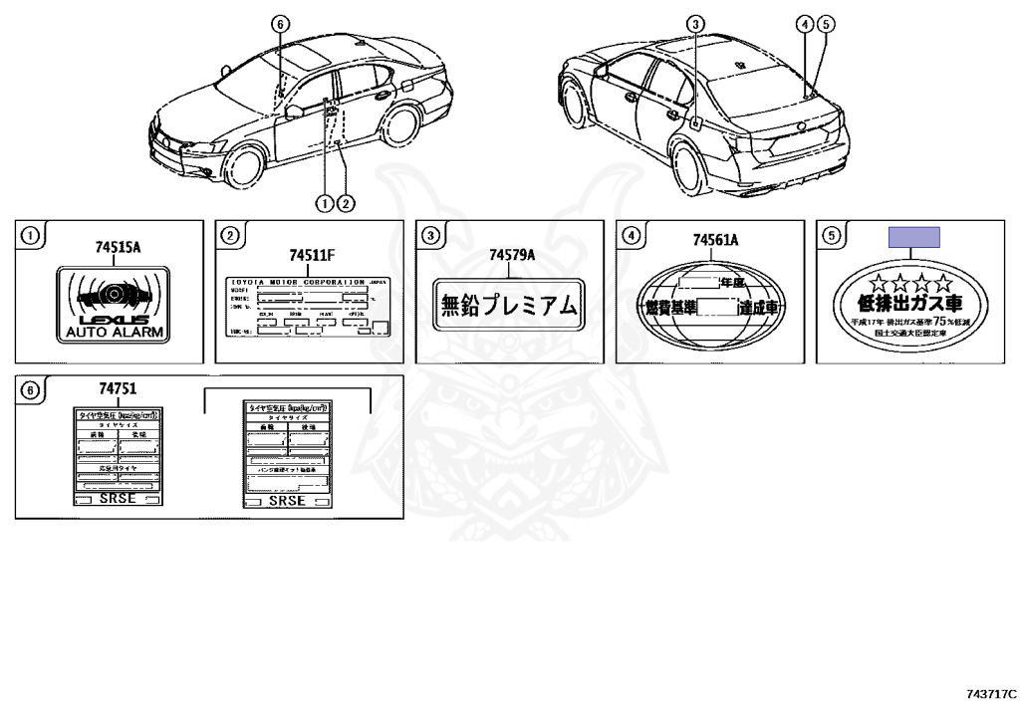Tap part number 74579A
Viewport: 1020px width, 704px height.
tap(511, 255)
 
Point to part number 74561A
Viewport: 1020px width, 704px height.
tap(714, 240)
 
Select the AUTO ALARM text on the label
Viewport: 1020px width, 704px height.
tap(112, 332)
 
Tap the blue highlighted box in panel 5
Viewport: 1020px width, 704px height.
tap(914, 237)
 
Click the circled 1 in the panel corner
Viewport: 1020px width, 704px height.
tap(30, 236)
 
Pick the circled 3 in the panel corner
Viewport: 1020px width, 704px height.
tap(430, 236)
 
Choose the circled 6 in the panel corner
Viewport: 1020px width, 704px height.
tap(30, 390)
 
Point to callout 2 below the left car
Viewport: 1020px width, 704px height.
tap(345, 203)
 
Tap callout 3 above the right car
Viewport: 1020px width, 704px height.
tap(695, 23)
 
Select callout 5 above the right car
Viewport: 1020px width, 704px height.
tap(825, 23)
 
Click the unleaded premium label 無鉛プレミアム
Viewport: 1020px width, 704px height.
tap(509, 305)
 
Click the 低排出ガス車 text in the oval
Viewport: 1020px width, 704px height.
tap(912, 303)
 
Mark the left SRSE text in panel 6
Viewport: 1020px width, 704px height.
tap(117, 499)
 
